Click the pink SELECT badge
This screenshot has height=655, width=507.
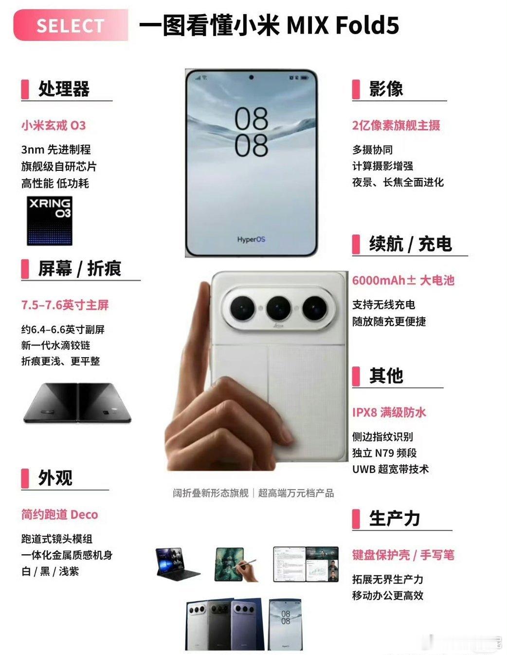point(71,25)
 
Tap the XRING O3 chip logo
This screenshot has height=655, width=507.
point(50,220)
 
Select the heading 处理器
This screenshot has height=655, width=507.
point(64,89)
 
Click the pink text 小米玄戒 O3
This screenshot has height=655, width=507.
point(54,126)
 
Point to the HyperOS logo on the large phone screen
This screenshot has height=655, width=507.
point(251,239)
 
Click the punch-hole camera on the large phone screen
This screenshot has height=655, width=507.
point(251,77)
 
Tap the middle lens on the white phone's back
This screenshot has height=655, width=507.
point(278,308)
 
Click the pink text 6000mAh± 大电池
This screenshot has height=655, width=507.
point(403,280)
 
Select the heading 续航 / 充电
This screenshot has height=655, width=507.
point(411,244)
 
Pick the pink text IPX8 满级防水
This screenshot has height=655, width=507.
point(389,412)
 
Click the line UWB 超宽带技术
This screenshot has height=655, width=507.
point(390,469)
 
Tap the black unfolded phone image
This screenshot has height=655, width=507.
point(78,403)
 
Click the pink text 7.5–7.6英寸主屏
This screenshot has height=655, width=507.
point(65,305)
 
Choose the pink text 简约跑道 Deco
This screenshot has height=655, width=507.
point(60,514)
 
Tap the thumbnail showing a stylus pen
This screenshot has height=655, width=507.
point(236,564)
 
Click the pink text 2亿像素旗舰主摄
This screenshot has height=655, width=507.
point(396,126)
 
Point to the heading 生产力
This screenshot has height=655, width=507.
point(395,518)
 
